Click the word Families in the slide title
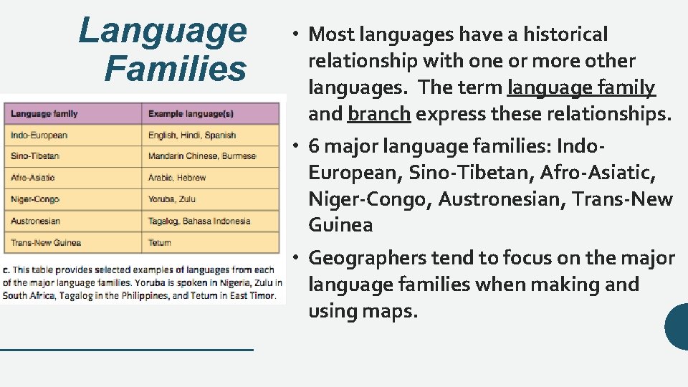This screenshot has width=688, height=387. pos(175,70)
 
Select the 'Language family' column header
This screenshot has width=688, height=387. pos(44,113)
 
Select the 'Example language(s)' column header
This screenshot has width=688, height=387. pos(191,113)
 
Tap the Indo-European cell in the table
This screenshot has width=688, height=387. pos(39,135)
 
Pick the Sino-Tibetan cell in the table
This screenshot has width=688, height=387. pos(35,156)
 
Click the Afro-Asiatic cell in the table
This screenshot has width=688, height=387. pos(33,177)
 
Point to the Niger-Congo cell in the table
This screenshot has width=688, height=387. pos(35,199)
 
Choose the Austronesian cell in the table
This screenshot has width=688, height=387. pos(36,221)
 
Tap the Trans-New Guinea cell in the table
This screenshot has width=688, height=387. pos(46,242)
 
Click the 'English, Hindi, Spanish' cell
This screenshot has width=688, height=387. pos(192,135)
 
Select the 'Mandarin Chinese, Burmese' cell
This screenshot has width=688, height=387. pos(202,156)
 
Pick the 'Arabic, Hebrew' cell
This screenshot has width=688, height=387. pos(177,177)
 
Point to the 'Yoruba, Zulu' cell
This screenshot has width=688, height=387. pos(172,199)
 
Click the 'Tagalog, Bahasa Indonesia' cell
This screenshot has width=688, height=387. pos(199,221)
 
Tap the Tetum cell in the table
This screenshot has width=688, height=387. pos(160,242)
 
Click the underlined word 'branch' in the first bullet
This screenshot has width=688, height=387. pos(379,114)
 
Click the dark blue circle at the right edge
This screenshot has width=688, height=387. pos(677,327)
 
